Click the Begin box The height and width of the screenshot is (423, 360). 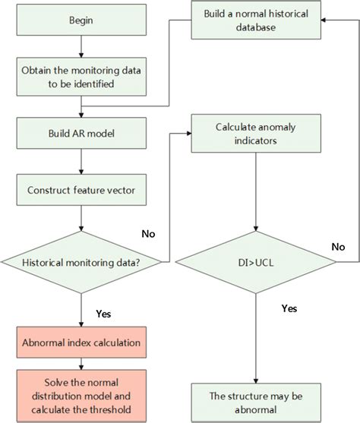click(x=81, y=21)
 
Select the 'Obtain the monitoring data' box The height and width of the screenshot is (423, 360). click(x=81, y=77)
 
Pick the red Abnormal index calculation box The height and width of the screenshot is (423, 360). click(x=81, y=342)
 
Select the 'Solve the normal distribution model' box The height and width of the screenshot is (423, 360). click(x=81, y=395)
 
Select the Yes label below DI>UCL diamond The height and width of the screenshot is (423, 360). click(x=289, y=308)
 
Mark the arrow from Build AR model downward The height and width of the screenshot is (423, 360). click(x=81, y=159)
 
